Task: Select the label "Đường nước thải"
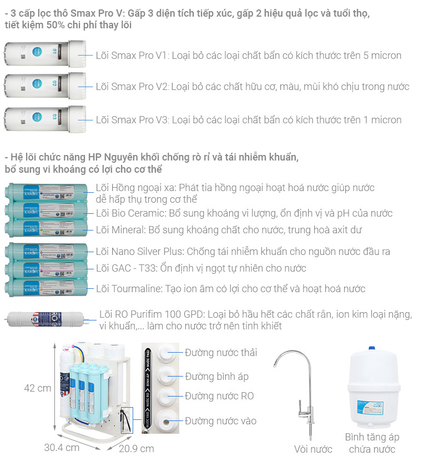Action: pyautogui.click(x=221, y=353)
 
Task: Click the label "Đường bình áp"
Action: pyautogui.click(x=216, y=377)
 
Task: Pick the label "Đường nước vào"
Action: pyautogui.click(x=221, y=421)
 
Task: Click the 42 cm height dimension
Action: pyautogui.click(x=38, y=388)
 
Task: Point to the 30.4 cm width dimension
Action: pyautogui.click(x=62, y=448)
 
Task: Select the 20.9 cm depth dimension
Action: pyautogui.click(x=137, y=448)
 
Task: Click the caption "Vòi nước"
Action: pyautogui.click(x=313, y=449)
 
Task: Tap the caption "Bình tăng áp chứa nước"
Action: pyautogui.click(x=372, y=443)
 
